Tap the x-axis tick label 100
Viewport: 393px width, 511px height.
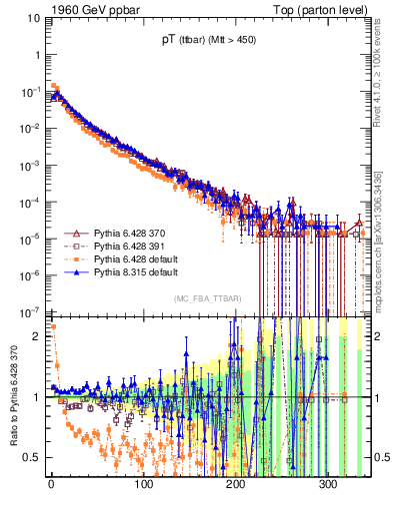[x=143, y=484]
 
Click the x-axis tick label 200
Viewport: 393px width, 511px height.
[x=236, y=484]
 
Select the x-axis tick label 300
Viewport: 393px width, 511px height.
[x=329, y=484]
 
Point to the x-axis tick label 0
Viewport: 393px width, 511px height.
[x=51, y=484]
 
